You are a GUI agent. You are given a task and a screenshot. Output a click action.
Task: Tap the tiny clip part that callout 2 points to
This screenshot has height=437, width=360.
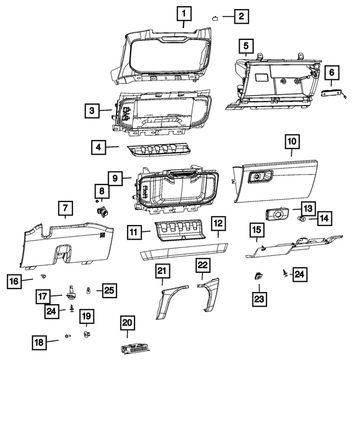tap(215, 17)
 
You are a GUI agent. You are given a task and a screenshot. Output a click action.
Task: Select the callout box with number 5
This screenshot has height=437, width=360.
tap(245, 45)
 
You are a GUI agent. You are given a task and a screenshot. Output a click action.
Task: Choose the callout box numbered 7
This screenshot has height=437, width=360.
tap(65, 209)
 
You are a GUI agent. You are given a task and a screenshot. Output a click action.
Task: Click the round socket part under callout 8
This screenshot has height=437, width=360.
tap(103, 212)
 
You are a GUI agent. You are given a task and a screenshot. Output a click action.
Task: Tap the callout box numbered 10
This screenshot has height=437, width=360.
tap(292, 142)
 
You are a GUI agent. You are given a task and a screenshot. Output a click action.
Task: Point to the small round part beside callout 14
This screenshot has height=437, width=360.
tap(301, 218)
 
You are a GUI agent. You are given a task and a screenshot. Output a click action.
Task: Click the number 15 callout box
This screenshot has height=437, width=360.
tap(256, 230)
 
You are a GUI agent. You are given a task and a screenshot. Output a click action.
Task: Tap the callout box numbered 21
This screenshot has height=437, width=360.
tap(163, 272)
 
